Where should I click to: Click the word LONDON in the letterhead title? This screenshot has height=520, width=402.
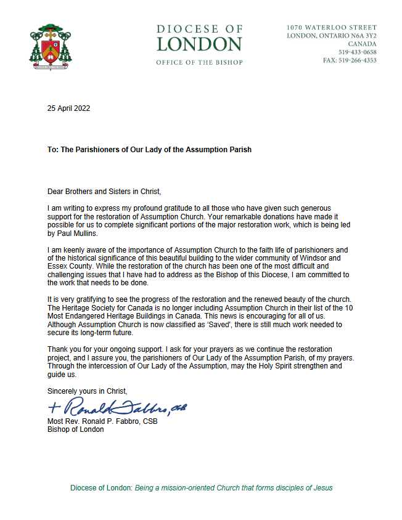click(199, 44)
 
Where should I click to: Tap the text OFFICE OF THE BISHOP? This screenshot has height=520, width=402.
click(199, 62)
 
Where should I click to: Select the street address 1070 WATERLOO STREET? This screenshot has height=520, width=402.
click(332, 28)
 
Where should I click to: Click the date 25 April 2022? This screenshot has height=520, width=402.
click(69, 108)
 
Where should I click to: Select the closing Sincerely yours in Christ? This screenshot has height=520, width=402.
click(88, 391)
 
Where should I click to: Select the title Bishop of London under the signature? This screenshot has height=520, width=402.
click(76, 430)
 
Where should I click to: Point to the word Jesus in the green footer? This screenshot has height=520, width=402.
click(322, 488)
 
